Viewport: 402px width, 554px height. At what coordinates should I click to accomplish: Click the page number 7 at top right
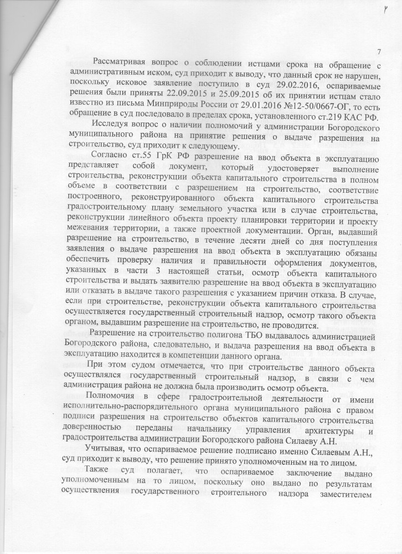pyautogui.click(x=379, y=52)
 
